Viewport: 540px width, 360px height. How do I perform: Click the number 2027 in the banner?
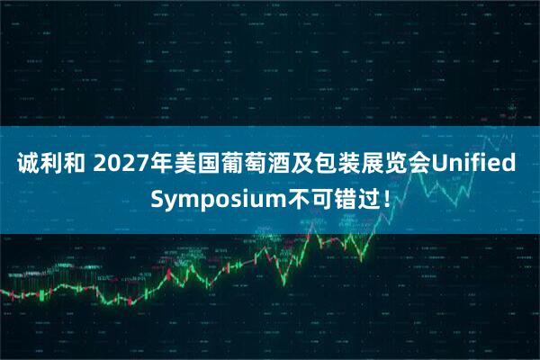pyautogui.click(x=120, y=166)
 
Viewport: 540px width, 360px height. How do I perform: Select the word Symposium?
pyautogui.click(x=213, y=197)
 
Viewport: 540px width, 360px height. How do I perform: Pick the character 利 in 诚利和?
pyautogui.click(x=51, y=166)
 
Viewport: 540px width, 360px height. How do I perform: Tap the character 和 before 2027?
pyautogui.click(x=76, y=166)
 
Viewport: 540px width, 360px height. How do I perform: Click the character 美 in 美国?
pyautogui.click(x=185, y=166)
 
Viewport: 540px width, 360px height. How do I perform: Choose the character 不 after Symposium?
pyautogui.click(x=292, y=197)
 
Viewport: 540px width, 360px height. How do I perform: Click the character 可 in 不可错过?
pyautogui.click(x=316, y=197)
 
